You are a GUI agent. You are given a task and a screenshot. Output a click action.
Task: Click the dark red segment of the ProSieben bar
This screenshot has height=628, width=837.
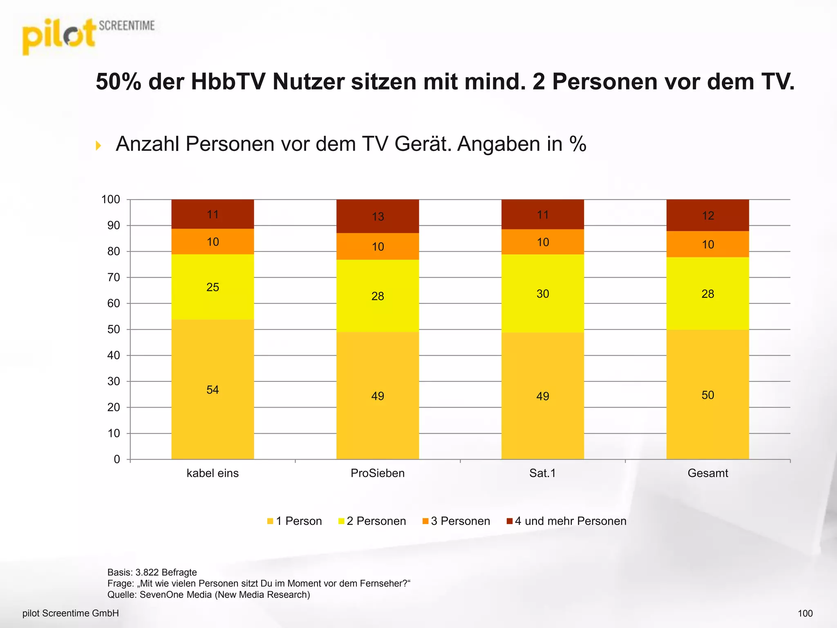pyautogui.click(x=377, y=216)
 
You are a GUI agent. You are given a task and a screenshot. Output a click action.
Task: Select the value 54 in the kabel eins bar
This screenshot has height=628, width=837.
pyautogui.click(x=213, y=390)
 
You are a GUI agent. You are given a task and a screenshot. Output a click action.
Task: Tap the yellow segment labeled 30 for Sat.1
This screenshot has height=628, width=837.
pyautogui.click(x=542, y=294)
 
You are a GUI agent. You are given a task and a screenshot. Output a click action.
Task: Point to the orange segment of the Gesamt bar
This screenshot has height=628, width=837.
pyautogui.click(x=707, y=244)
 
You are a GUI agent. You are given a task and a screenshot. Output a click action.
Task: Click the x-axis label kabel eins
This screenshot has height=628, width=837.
pyautogui.click(x=213, y=473)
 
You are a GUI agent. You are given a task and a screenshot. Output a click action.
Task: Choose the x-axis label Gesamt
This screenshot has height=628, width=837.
pyautogui.click(x=707, y=473)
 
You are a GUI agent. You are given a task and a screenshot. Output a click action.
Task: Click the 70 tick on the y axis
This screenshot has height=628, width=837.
pyautogui.click(x=114, y=278)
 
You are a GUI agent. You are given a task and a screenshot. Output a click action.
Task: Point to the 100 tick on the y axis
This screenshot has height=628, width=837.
pyautogui.click(x=111, y=200)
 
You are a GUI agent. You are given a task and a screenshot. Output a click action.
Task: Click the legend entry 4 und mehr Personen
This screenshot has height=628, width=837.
pyautogui.click(x=570, y=521)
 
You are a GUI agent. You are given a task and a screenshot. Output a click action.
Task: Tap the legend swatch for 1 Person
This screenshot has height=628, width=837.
pyautogui.click(x=270, y=521)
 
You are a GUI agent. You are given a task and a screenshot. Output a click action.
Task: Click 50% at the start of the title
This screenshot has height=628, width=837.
pyautogui.click(x=119, y=82)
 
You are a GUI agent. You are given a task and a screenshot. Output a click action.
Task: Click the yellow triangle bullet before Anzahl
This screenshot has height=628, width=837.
pyautogui.click(x=98, y=145)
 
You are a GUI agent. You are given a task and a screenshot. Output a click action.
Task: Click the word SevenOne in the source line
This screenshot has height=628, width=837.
pyautogui.click(x=157, y=594)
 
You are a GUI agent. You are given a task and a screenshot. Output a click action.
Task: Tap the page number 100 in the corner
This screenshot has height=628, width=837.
pyautogui.click(x=805, y=613)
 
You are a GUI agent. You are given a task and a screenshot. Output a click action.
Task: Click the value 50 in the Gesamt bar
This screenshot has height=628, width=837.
pyautogui.click(x=707, y=395)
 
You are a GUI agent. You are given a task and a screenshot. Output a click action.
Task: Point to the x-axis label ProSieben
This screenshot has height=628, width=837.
pyautogui.click(x=377, y=473)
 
